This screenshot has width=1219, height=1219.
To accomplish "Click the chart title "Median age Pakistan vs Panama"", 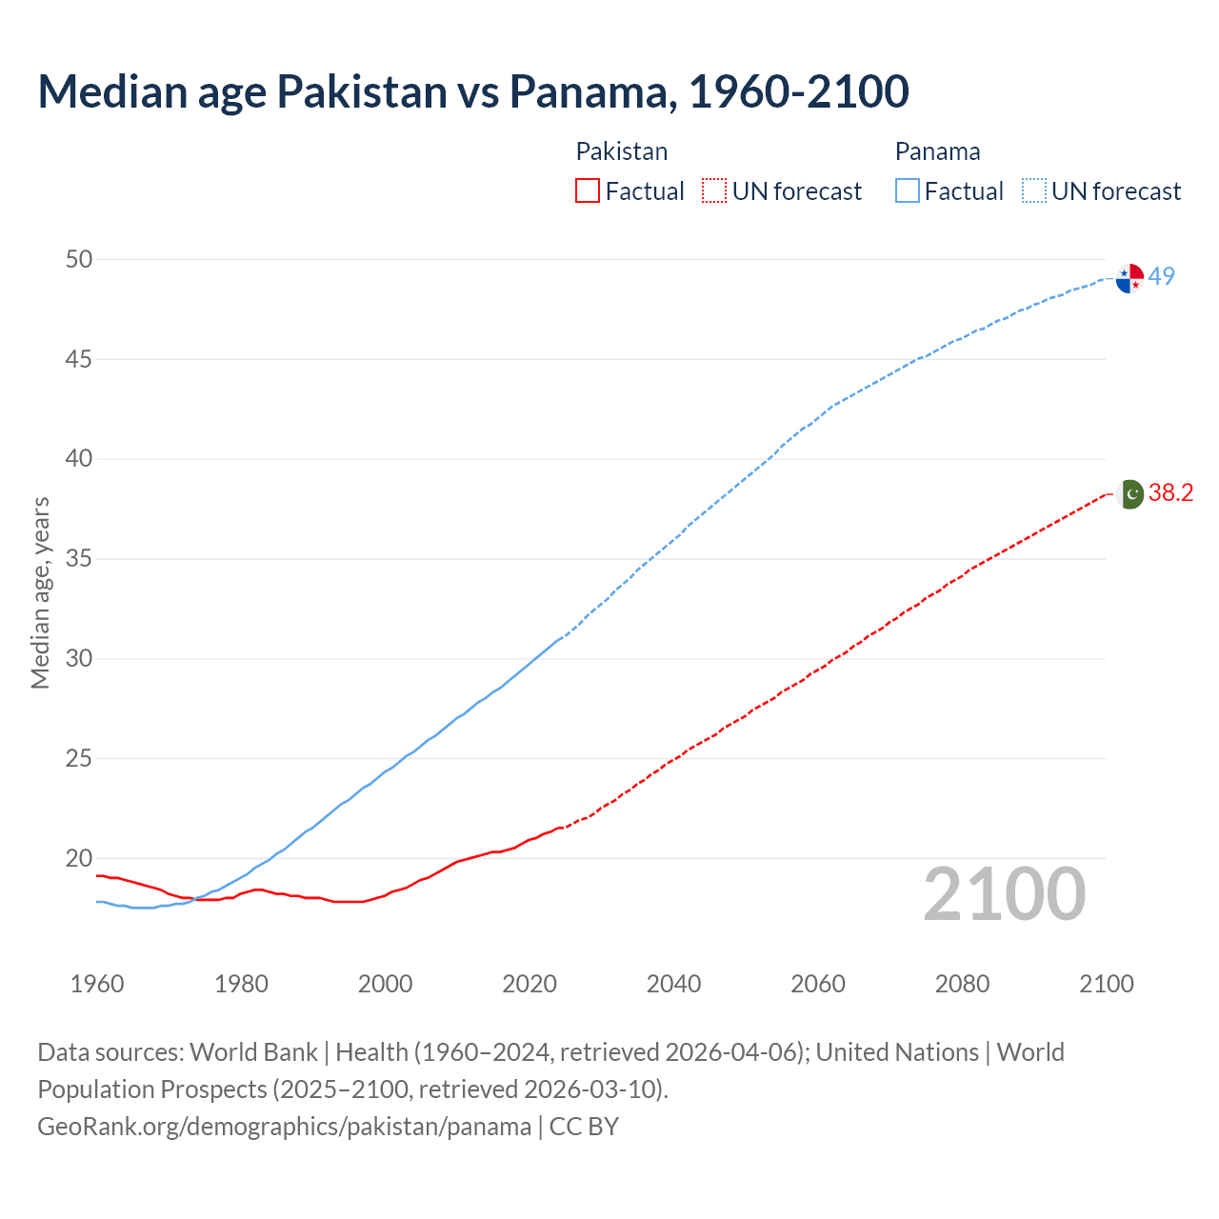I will pyautogui.click(x=473, y=91).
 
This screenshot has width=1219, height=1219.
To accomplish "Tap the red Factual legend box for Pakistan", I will pyautogui.click(x=588, y=191).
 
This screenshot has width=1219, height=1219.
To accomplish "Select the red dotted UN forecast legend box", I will pyautogui.click(x=714, y=191).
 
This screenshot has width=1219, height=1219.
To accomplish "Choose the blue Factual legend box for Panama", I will pyautogui.click(x=908, y=191).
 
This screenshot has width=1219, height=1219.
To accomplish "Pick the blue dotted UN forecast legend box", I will pyautogui.click(x=1033, y=191).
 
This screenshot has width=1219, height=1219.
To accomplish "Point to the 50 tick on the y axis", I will pyautogui.click(x=79, y=259).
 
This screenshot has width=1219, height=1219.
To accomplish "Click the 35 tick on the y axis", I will pyautogui.click(x=79, y=558).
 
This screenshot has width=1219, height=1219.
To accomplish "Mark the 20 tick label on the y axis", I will pyautogui.click(x=79, y=858).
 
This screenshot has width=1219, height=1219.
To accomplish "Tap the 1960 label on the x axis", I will pyautogui.click(x=97, y=984).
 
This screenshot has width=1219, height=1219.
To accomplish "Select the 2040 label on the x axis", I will pyautogui.click(x=673, y=984).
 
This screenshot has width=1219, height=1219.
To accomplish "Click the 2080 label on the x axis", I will pyautogui.click(x=962, y=984).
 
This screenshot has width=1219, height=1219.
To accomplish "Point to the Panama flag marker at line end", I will pyautogui.click(x=1129, y=279).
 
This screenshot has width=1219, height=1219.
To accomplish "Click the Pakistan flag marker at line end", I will pyautogui.click(x=1129, y=494).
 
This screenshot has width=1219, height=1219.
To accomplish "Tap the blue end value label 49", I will pyautogui.click(x=1162, y=276).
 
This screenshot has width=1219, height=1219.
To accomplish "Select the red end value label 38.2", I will pyautogui.click(x=1170, y=492).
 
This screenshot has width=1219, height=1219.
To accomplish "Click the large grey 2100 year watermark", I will pyautogui.click(x=1005, y=893).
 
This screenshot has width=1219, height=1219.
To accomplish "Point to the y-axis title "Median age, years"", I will pyautogui.click(x=40, y=591).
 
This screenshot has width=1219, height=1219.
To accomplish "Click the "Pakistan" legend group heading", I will pyautogui.click(x=622, y=151).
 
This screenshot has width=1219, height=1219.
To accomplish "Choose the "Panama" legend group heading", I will pyautogui.click(x=937, y=151).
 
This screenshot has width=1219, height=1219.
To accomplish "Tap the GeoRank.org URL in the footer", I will pyautogui.click(x=284, y=1126).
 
